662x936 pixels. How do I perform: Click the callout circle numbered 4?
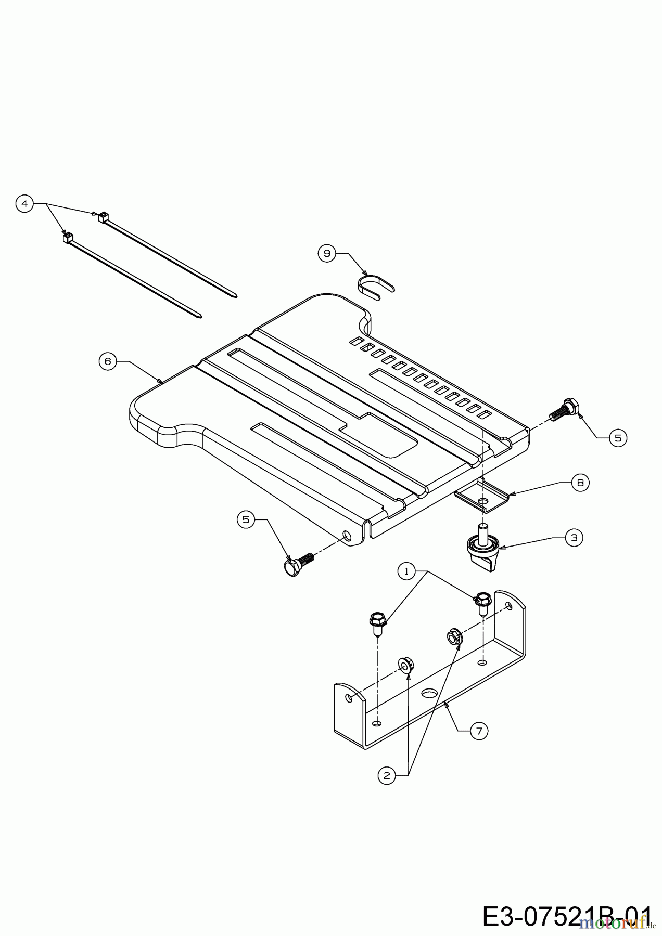(x=24, y=203)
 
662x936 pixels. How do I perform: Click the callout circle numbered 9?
(x=327, y=253)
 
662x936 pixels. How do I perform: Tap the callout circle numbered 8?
(x=580, y=483)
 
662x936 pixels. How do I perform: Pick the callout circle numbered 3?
(x=574, y=538)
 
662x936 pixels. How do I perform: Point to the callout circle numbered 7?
(x=479, y=731)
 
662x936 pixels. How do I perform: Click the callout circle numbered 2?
(x=386, y=776)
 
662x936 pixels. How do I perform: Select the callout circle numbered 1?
(x=408, y=571)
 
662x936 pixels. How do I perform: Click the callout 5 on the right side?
(x=618, y=438)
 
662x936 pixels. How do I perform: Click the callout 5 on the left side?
(x=246, y=518)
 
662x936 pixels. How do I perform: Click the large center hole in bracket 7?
(x=429, y=693)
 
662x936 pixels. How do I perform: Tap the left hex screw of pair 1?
(x=377, y=621)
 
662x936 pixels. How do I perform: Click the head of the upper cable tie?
(x=103, y=216)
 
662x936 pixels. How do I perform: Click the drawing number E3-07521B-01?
(x=567, y=916)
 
